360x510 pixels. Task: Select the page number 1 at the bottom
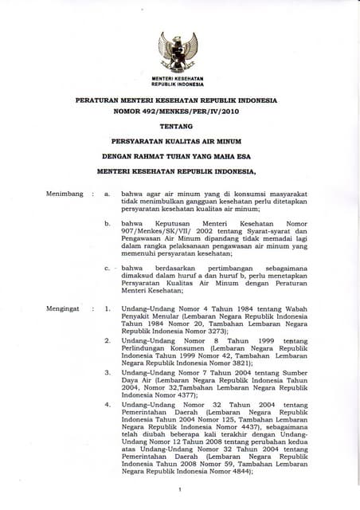pyautogui.click(x=181, y=488)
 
